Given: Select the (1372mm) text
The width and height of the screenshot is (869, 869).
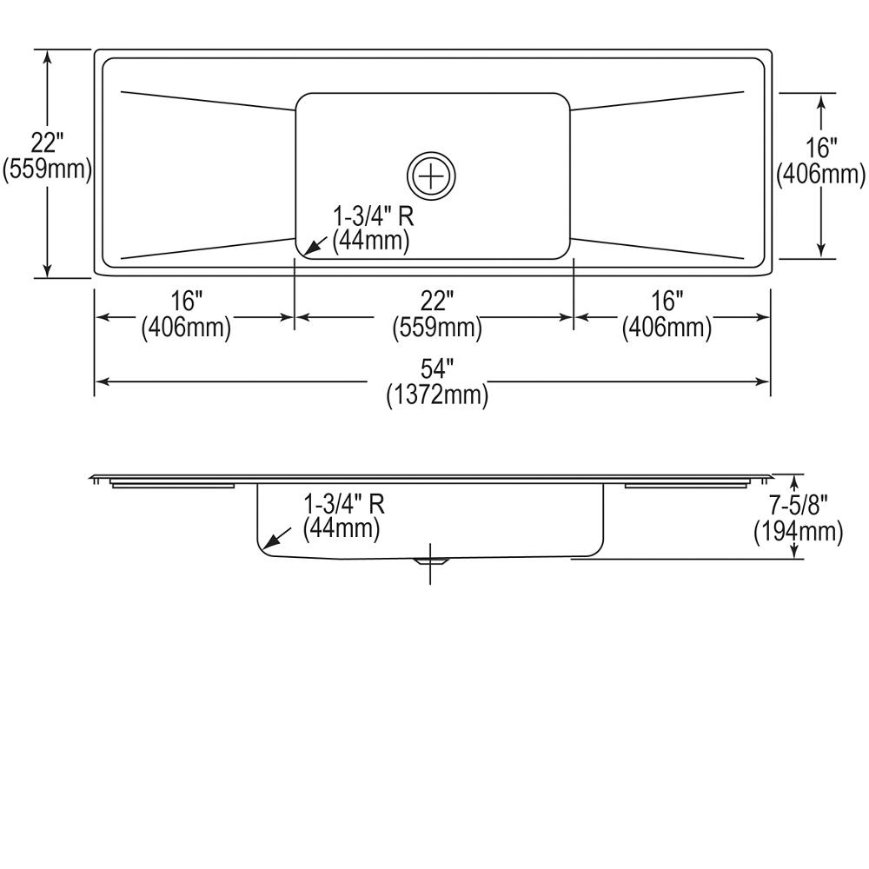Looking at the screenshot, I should tap(437, 395).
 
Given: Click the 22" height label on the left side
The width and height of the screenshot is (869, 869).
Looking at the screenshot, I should tap(47, 143).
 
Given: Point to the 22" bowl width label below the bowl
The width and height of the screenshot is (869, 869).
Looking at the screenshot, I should tap(437, 302).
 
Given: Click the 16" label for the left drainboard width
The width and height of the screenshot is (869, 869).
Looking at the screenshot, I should tap(187, 302).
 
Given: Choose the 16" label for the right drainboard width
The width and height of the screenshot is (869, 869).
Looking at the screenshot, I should tap(667, 302).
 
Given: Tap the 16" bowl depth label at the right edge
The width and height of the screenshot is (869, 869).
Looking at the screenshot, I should tap(821, 149).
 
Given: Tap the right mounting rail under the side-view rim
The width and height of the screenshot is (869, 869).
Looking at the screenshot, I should tap(687, 485).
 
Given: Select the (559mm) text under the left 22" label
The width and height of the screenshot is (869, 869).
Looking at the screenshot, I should tap(47, 169).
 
